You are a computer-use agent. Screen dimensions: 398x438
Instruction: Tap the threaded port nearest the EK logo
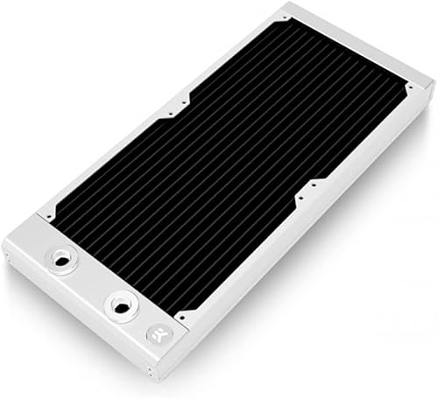coord(117,304)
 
